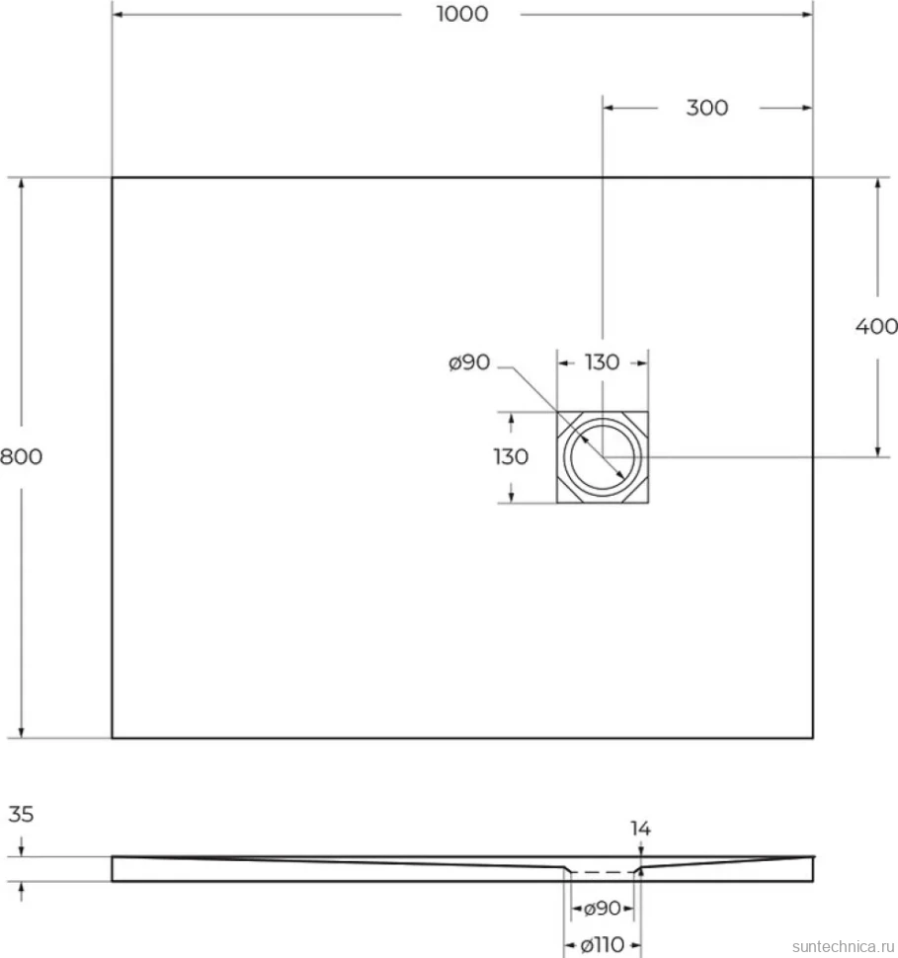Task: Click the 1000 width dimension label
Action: coord(462,14)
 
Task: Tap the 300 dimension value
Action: coord(707,108)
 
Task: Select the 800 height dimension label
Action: coord(22,456)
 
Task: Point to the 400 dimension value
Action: coord(876,327)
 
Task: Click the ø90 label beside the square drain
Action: coord(469,362)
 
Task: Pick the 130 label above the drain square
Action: coord(603,362)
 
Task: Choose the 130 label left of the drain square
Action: coord(511,456)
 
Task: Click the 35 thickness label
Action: coord(21,815)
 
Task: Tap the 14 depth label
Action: coord(640,829)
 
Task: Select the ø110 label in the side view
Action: coord(603,945)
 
